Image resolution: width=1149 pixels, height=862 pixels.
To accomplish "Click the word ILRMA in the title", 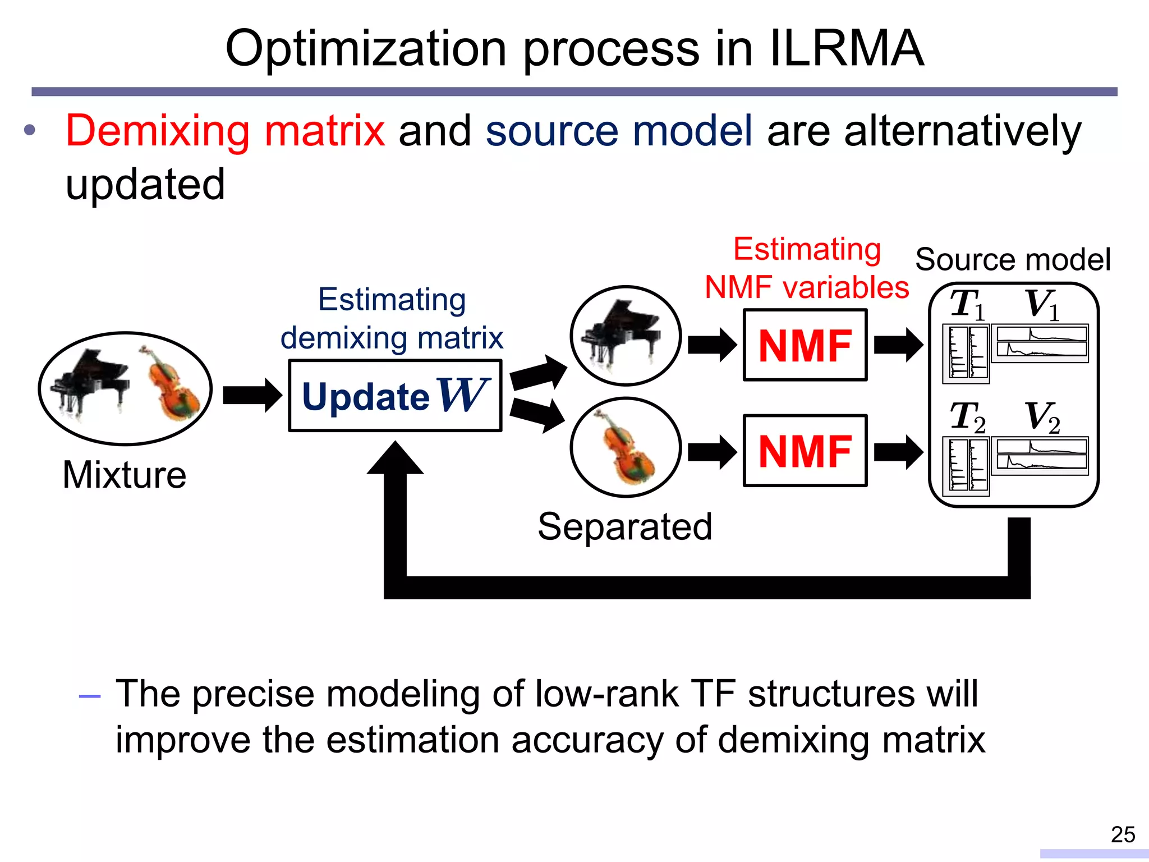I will click(847, 49).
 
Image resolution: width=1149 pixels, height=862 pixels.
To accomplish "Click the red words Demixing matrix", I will click(225, 131).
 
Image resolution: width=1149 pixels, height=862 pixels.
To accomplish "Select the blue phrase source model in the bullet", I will click(618, 131).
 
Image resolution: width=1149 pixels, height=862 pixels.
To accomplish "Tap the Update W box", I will click(395, 396).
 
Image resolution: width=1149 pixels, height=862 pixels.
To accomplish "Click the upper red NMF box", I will click(805, 345).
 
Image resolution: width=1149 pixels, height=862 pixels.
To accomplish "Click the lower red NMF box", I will click(805, 451).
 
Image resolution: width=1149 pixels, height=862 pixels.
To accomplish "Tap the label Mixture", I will click(124, 475).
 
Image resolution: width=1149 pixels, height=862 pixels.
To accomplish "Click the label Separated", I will click(624, 526).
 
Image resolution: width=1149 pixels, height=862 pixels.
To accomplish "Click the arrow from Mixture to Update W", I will click(252, 396).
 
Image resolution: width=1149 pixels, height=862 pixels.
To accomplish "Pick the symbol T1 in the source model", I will click(967, 305).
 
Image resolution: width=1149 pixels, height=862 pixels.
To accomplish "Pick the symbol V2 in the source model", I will click(1042, 418).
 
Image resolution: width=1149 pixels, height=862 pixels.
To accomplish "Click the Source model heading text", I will click(1013, 260).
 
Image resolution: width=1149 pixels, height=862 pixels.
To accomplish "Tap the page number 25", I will click(1123, 835).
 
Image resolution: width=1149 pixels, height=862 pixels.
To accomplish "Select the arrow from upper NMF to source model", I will click(898, 345).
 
